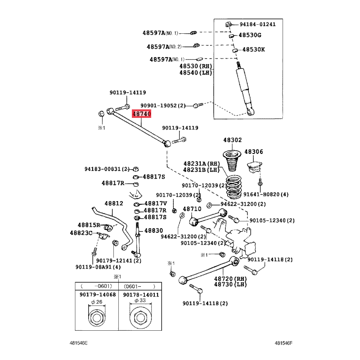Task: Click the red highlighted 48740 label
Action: pyautogui.click(x=141, y=114)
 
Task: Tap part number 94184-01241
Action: pyautogui.click(x=257, y=24)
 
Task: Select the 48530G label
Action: pyautogui.click(x=250, y=35)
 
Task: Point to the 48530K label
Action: pyautogui.click(x=253, y=49)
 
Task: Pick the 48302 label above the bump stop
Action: pyautogui.click(x=233, y=140)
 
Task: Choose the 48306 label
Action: pyautogui.click(x=253, y=152)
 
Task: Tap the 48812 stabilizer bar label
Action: pyautogui.click(x=114, y=203)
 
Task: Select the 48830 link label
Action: pyautogui.click(x=153, y=230)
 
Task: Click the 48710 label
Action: pyautogui.click(x=192, y=209)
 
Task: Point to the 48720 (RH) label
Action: pyautogui.click(x=230, y=279)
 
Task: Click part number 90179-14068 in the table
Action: pyautogui.click(x=98, y=295)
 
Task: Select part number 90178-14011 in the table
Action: pyautogui.click(x=141, y=295)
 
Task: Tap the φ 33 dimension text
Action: pyautogui.click(x=140, y=301)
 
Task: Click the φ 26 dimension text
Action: pyautogui.click(x=97, y=302)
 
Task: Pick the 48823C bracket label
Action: pyautogui.click(x=81, y=233)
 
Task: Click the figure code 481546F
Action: pyautogui.click(x=283, y=343)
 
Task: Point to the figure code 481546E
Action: pyautogui.click(x=78, y=343)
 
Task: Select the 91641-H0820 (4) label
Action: pyautogui.click(x=266, y=194)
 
